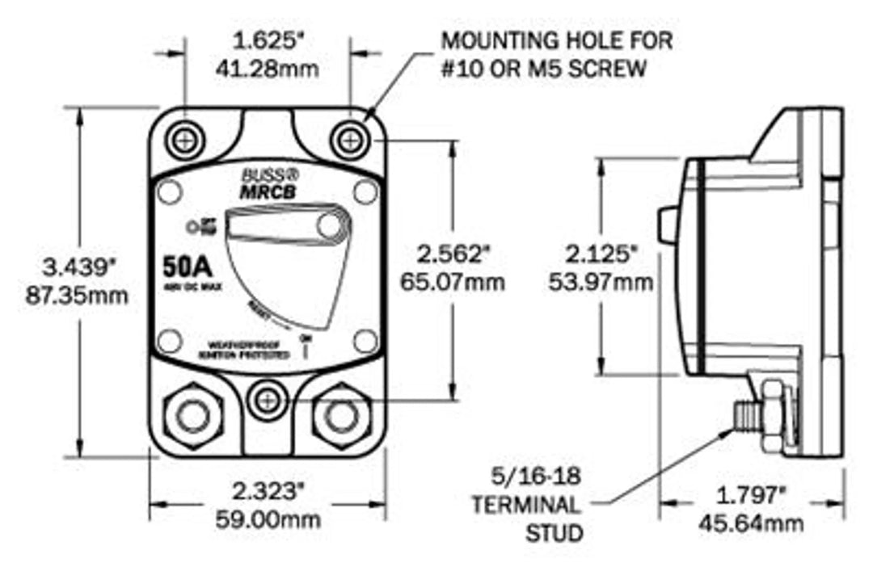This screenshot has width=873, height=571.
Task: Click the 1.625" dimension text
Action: [269, 39]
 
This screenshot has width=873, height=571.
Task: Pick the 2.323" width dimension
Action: [270, 490]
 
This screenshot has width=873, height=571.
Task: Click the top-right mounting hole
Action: [349, 139]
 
